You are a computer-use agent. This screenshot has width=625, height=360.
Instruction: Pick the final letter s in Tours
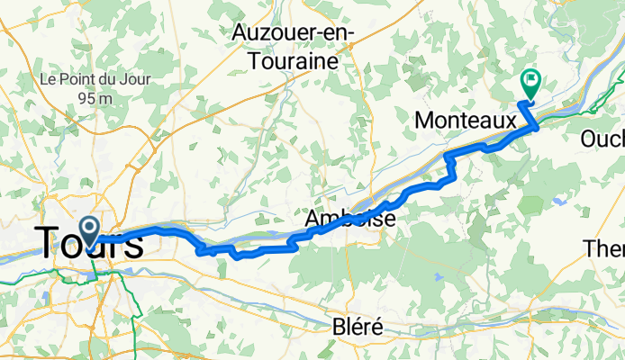tap(133, 244)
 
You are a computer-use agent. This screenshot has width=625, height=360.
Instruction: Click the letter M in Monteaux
tap(424, 119)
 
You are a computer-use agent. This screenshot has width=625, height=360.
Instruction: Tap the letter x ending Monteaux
tap(510, 119)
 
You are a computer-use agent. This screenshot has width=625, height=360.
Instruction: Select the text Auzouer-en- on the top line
tap(294, 32)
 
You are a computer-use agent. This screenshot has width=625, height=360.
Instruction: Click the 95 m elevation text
tap(87, 97)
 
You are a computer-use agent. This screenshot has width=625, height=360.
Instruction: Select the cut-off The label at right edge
tap(604, 247)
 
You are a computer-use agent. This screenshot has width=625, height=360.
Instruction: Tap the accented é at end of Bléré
tap(377, 327)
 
